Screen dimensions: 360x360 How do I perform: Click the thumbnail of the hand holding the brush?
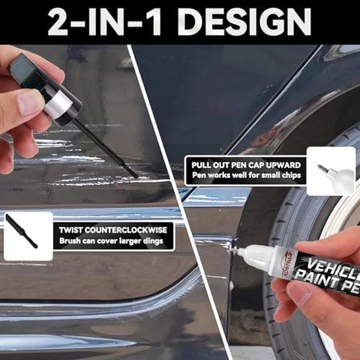pyautogui.click(x=26, y=102)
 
